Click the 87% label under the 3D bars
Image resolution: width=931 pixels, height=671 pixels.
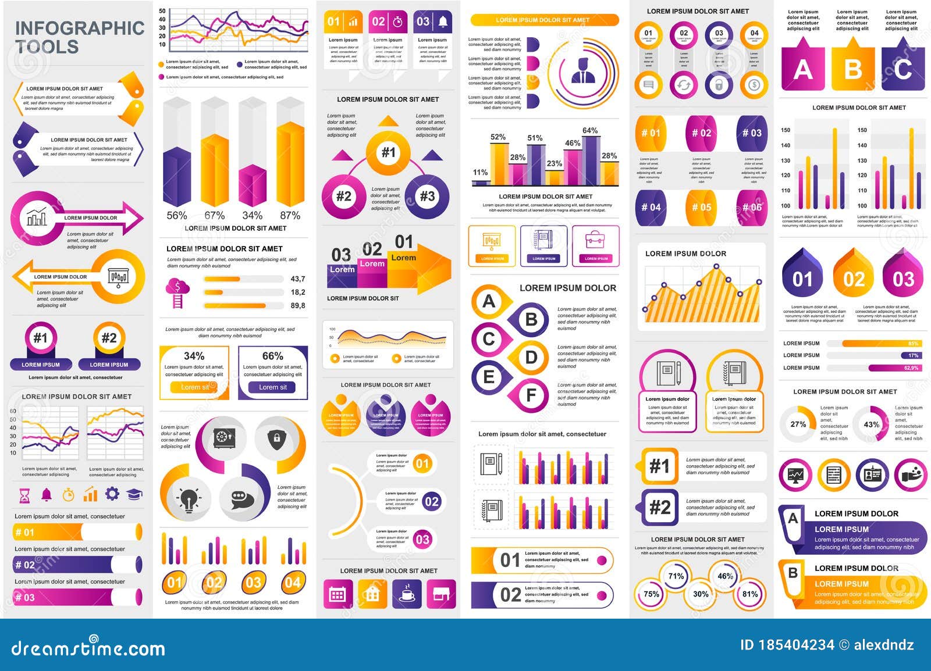[290, 216]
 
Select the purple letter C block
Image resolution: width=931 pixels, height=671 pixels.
[902, 70]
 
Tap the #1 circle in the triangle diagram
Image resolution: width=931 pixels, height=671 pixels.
[388, 153]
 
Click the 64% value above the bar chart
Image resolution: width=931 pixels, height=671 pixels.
[590, 131]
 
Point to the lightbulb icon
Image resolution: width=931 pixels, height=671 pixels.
[189, 499]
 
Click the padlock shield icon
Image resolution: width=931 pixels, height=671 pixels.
[277, 438]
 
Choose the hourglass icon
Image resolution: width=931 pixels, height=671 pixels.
[24, 495]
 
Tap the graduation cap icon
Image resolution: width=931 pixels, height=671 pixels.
[134, 494]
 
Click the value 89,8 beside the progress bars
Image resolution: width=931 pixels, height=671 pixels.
[298, 305]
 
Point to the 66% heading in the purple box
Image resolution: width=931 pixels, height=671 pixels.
[272, 356]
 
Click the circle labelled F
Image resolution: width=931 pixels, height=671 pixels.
[531, 395]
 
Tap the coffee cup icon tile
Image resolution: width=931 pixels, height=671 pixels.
[407, 594]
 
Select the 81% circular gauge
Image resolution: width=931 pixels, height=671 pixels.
[750, 594]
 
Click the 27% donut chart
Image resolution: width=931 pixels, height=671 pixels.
[798, 424]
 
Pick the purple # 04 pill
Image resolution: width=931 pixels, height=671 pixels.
[651, 208]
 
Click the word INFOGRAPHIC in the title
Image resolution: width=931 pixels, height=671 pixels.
[80, 28]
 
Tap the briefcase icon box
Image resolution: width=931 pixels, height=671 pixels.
[596, 245]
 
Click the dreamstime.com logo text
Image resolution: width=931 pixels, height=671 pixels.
[88, 648]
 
